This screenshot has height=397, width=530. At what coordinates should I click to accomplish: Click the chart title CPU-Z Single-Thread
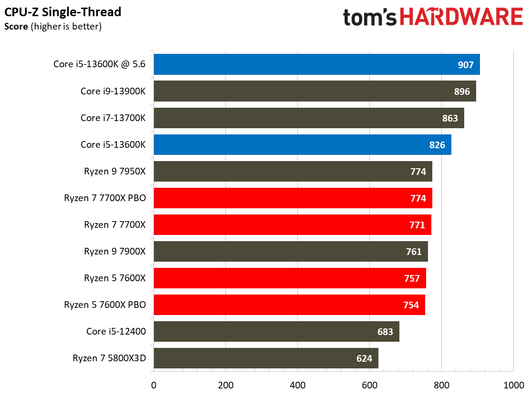click(x=62, y=12)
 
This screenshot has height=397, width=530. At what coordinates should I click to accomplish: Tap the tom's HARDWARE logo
click(x=433, y=17)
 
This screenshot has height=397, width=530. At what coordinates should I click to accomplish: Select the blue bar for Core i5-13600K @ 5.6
click(x=317, y=64)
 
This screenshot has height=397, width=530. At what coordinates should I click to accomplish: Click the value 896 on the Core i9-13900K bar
click(x=462, y=91)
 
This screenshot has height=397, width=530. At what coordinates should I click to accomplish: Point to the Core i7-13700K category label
click(x=113, y=118)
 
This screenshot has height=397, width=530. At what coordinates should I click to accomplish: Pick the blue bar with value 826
click(x=303, y=144)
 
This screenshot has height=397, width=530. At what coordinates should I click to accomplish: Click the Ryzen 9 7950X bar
click(x=293, y=171)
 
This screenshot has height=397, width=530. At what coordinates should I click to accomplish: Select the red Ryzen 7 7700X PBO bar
click(x=293, y=198)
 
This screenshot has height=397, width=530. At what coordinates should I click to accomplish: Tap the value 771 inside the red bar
click(x=417, y=224)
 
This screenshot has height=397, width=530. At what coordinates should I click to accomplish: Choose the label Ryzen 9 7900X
click(x=115, y=251)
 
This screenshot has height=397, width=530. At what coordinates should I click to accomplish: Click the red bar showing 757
click(x=290, y=278)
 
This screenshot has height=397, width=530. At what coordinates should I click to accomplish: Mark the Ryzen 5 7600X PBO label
click(x=105, y=305)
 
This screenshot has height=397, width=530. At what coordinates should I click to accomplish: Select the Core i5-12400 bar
click(x=276, y=331)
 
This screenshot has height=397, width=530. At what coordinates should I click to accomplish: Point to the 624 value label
click(x=364, y=358)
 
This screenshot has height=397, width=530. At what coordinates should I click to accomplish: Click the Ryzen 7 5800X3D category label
click(x=109, y=358)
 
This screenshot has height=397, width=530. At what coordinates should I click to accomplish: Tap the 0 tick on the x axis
click(x=154, y=385)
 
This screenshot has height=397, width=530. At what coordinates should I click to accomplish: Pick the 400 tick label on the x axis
click(x=297, y=385)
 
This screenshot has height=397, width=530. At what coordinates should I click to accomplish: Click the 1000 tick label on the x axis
click(x=514, y=385)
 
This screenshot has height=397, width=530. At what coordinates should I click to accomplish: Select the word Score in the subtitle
click(x=16, y=26)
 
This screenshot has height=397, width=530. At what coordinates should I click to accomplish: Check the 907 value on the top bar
click(x=466, y=64)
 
